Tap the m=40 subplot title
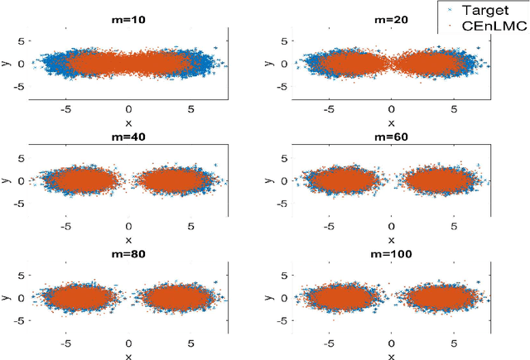pos(128,137)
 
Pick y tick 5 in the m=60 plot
pos(283,156)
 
